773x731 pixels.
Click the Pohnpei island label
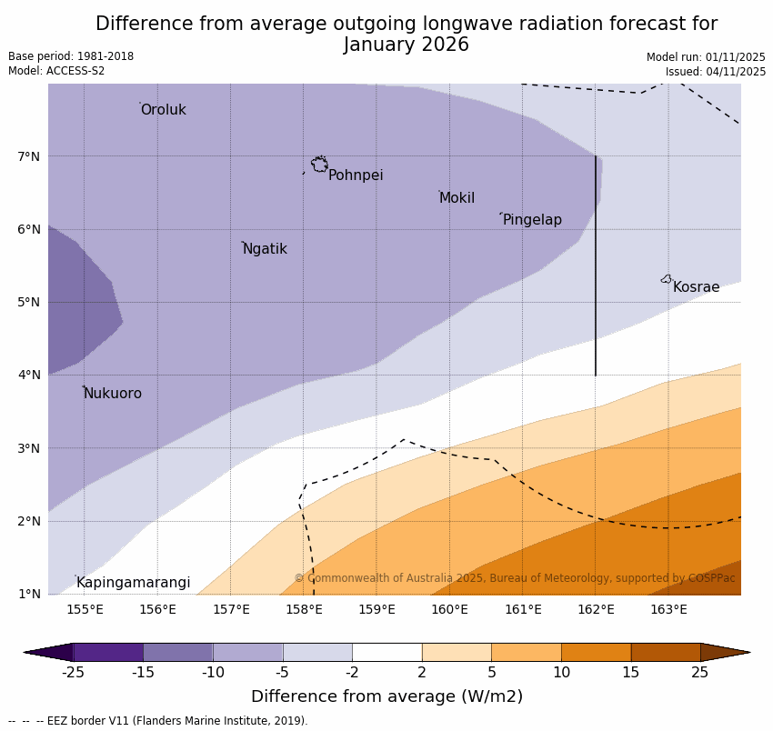[x=356, y=175]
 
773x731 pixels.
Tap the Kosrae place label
[x=696, y=287]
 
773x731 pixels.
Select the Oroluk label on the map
[x=163, y=110]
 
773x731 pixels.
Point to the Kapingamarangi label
[x=133, y=583]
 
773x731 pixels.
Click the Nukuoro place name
[x=112, y=394]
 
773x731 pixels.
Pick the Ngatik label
[x=265, y=249]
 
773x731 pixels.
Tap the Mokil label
[x=457, y=198]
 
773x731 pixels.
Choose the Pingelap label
[x=532, y=220]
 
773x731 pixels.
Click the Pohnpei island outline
[x=319, y=165]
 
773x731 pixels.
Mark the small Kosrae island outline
[x=667, y=279]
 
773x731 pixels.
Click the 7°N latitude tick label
[x=29, y=156]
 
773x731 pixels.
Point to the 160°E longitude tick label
[x=449, y=609]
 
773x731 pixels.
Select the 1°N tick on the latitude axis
[x=29, y=594]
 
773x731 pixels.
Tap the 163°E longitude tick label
[x=668, y=609]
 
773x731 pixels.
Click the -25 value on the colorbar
[x=73, y=673]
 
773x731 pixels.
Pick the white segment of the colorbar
[x=386, y=652]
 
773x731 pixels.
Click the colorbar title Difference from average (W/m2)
[x=386, y=697]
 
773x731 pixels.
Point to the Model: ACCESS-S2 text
[x=56, y=71]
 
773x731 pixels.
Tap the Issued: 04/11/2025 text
[x=715, y=72]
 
